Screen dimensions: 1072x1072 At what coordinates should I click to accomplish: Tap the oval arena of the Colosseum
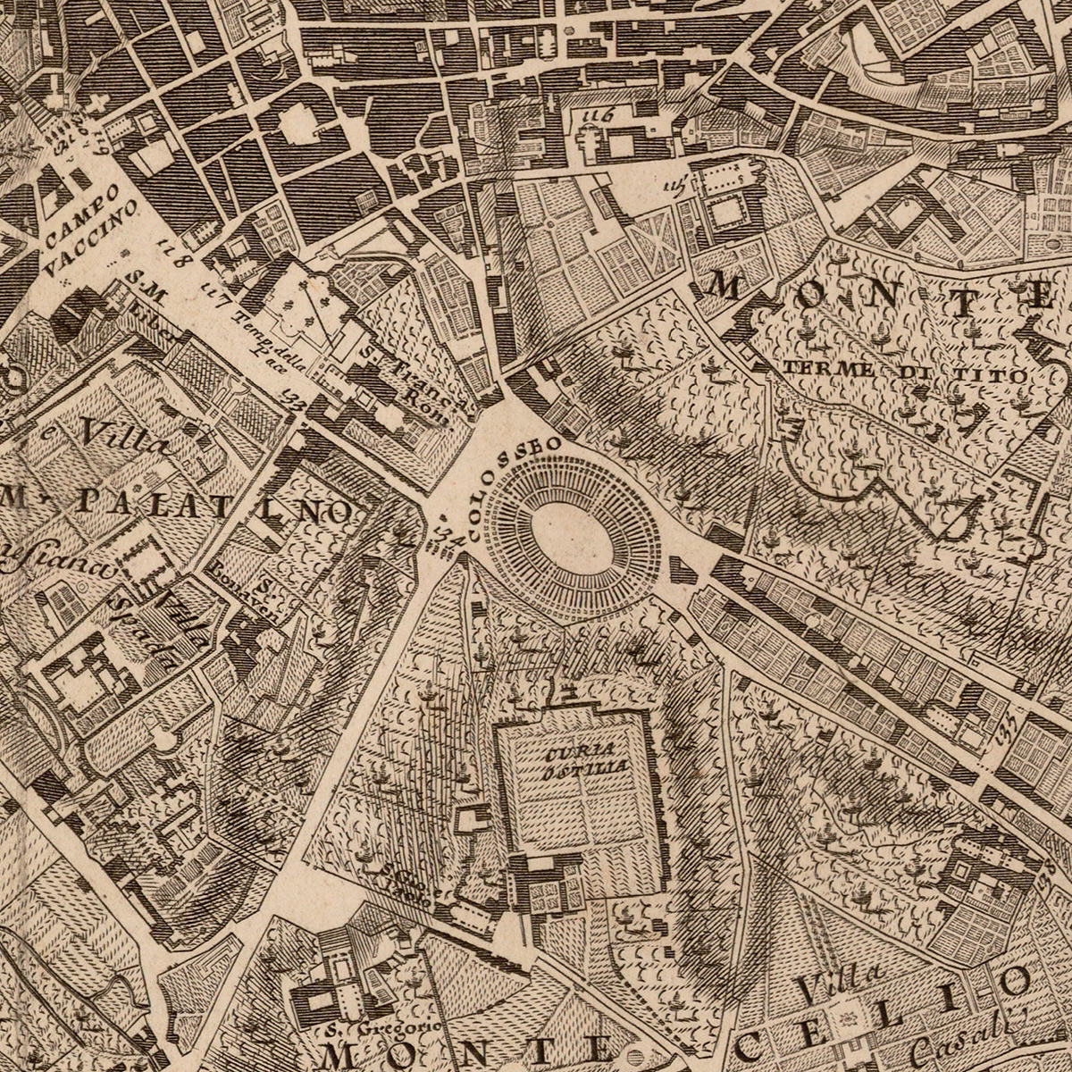[573, 536]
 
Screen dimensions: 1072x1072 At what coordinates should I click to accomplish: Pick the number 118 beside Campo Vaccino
[175, 254]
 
